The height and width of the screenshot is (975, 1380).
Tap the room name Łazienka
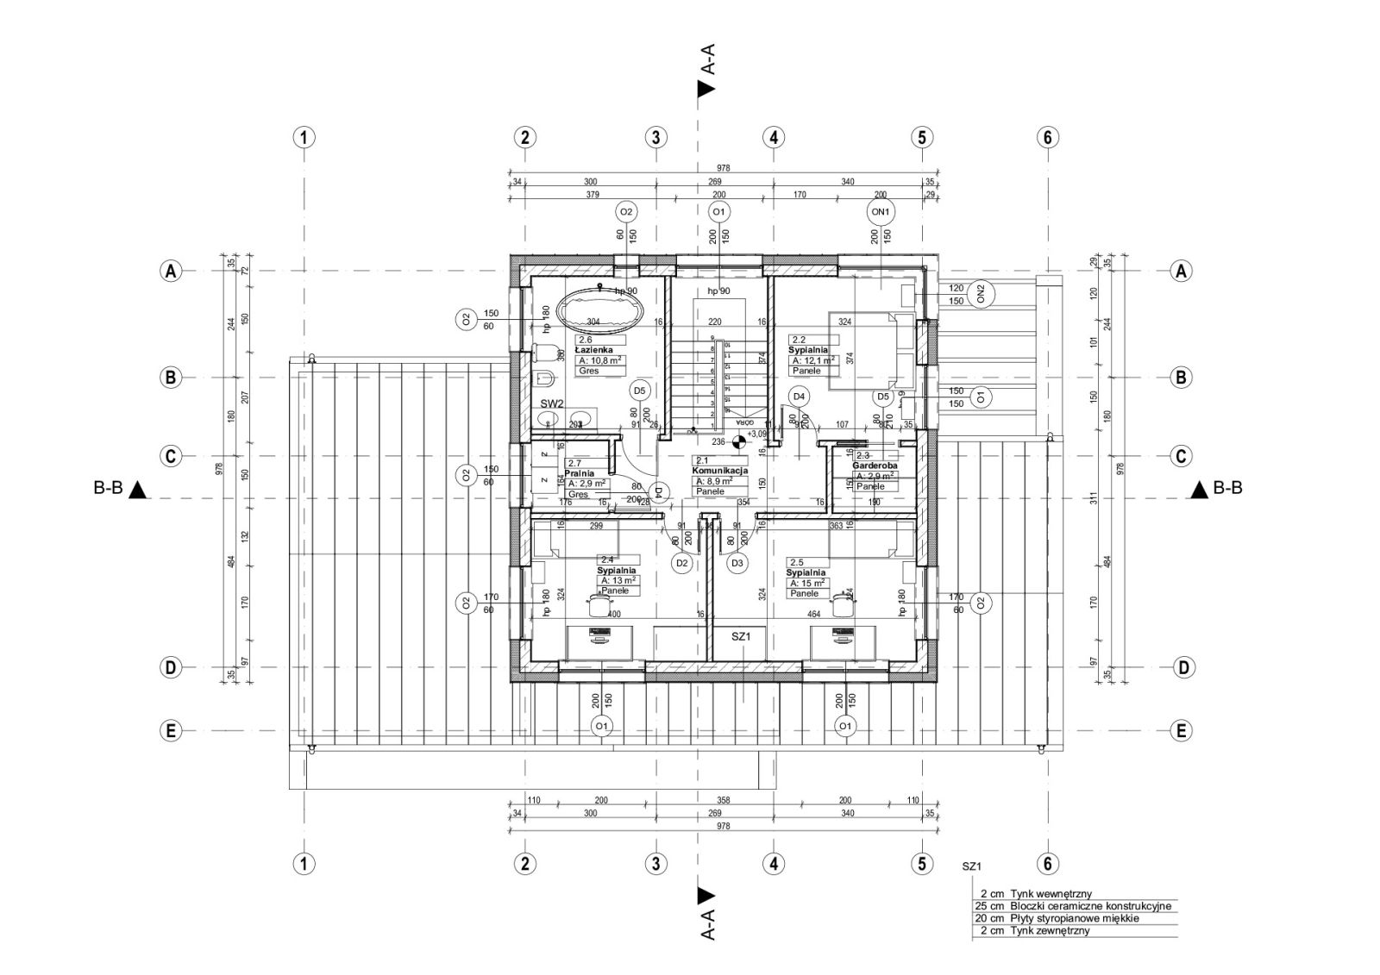(594, 351)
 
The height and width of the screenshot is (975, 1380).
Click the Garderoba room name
(875, 466)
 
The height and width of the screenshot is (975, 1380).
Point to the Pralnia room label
(580, 473)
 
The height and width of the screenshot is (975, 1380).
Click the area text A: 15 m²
(807, 583)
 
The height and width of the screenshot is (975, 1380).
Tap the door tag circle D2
(682, 563)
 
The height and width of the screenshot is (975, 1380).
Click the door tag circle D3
(737, 563)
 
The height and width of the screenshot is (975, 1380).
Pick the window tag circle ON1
(881, 211)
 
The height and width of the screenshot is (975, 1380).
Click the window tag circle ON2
(981, 294)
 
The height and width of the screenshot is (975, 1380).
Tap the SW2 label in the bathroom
(552, 403)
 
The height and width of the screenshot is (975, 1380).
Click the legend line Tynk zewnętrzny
(1048, 930)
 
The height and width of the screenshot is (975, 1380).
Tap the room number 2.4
(607, 559)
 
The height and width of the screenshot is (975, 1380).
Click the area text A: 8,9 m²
(714, 481)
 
